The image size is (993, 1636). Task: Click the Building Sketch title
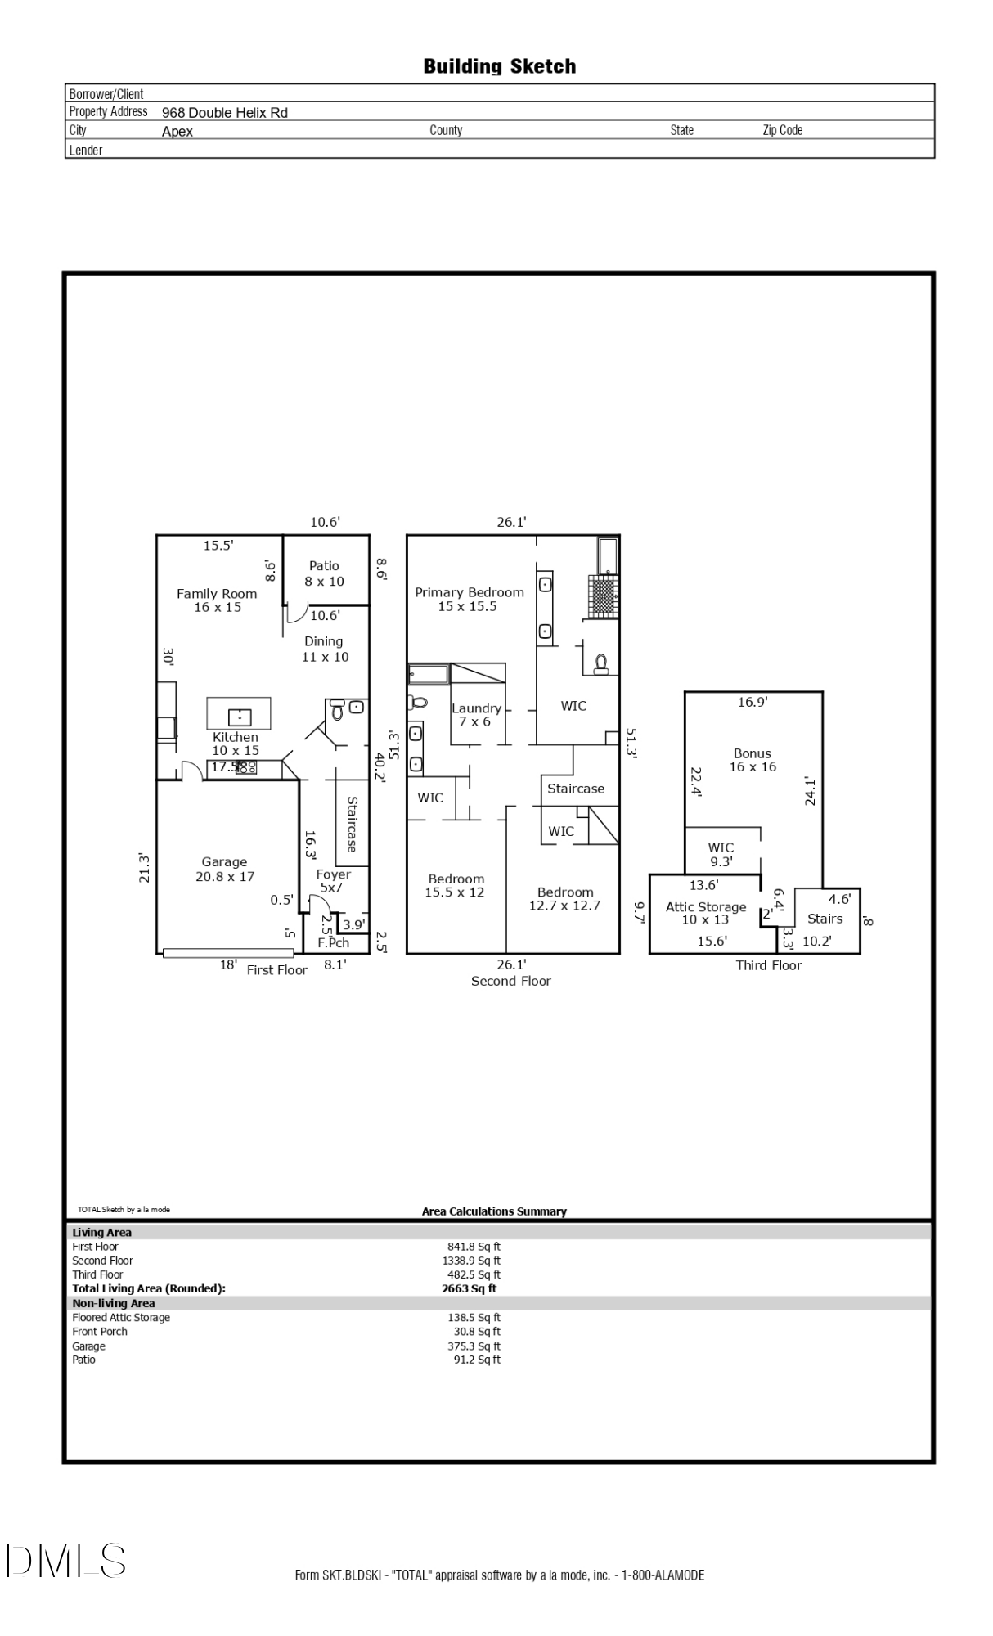click(x=499, y=66)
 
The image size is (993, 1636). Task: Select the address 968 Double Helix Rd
click(x=224, y=113)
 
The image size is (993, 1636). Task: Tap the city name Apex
click(x=177, y=132)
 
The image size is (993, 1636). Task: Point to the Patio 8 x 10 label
click(x=325, y=573)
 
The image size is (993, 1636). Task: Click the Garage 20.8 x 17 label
click(x=225, y=869)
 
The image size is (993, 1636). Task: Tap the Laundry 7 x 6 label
click(x=476, y=715)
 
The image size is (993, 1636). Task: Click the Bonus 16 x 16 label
click(x=753, y=760)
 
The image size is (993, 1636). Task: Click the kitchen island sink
click(x=239, y=717)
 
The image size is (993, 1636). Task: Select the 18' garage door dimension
click(x=228, y=965)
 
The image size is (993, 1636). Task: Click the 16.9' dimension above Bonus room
click(x=753, y=702)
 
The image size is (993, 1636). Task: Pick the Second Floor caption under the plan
click(x=511, y=981)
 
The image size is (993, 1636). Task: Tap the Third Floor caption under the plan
click(x=768, y=965)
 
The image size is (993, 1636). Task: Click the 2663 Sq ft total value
click(x=469, y=1288)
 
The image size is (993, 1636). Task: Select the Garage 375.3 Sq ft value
click(x=477, y=1346)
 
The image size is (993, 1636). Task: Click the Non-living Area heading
click(x=114, y=1303)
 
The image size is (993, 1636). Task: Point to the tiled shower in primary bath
click(x=603, y=596)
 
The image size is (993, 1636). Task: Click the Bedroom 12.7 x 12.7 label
click(x=565, y=899)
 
